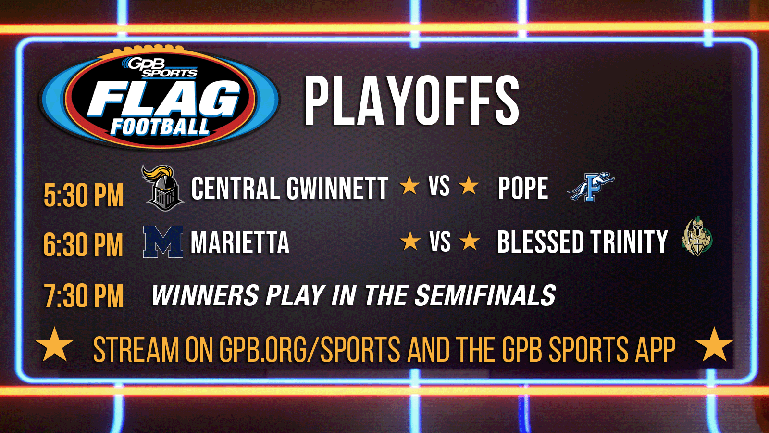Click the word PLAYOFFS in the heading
tap(411, 101)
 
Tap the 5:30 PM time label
tap(84, 195)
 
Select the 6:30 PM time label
tap(83, 245)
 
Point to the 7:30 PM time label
tap(84, 296)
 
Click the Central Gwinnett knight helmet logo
tap(162, 188)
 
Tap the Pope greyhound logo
tap(591, 187)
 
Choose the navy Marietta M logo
tap(163, 242)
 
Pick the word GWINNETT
tap(338, 188)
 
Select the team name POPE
tap(523, 188)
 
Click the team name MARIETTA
tap(240, 242)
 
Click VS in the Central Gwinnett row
tap(439, 186)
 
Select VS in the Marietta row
tap(440, 242)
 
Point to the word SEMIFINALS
tap(485, 295)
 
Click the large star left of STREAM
tap(55, 345)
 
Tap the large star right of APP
tap(714, 345)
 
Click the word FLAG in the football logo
tap(164, 100)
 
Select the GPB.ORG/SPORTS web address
tap(310, 349)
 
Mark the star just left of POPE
tap(469, 186)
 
